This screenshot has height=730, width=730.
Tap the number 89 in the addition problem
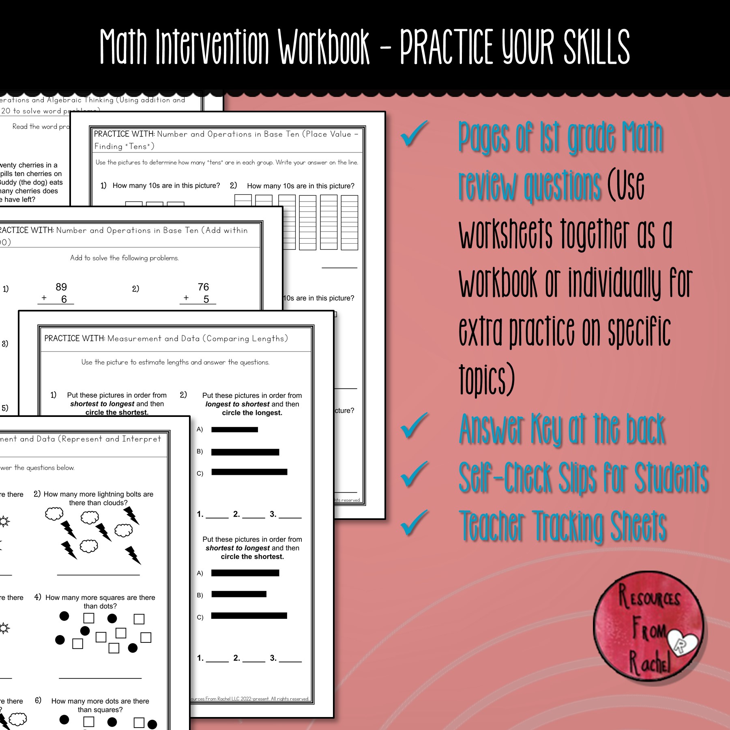coord(61,287)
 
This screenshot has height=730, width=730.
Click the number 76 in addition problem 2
coord(203,287)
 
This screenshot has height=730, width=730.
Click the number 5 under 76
coord(206,299)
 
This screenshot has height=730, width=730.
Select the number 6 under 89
coord(64,299)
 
